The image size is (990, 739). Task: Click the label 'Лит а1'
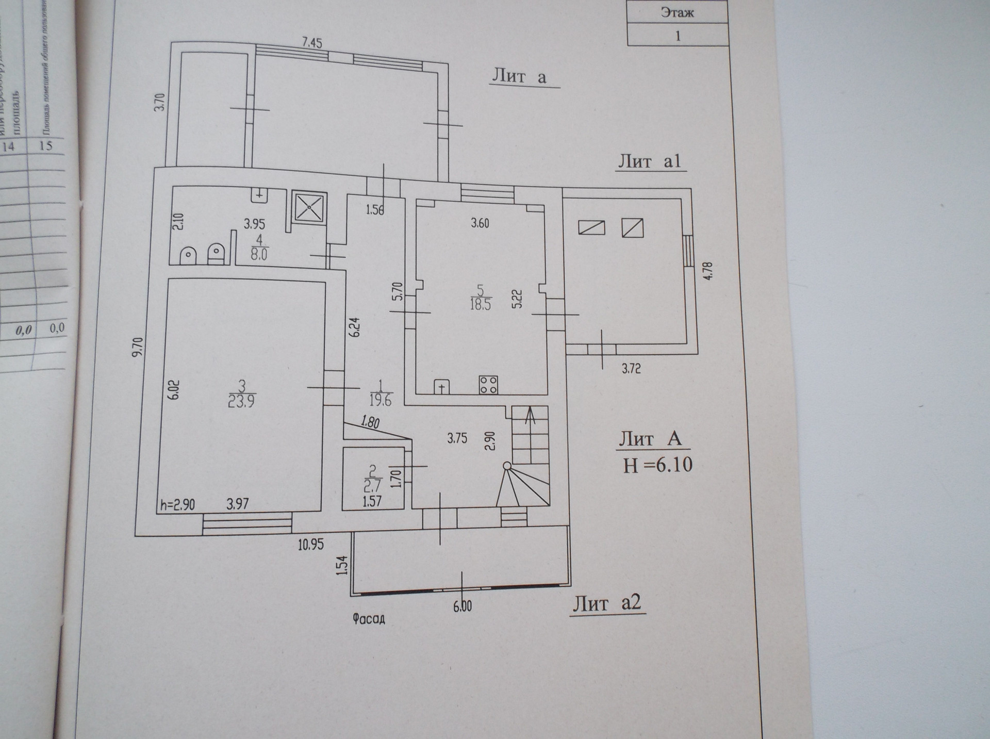pyautogui.click(x=650, y=161)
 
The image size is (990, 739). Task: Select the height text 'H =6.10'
pyautogui.click(x=657, y=465)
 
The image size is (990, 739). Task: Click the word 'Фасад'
pyautogui.click(x=369, y=618)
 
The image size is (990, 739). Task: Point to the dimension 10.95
pyautogui.click(x=310, y=544)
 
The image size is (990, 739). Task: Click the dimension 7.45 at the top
pyautogui.click(x=312, y=42)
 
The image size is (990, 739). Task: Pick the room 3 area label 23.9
pyautogui.click(x=241, y=401)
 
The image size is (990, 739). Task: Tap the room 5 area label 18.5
pyautogui.click(x=480, y=304)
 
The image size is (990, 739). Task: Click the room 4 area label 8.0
pyautogui.click(x=259, y=254)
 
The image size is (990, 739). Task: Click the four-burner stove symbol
pyautogui.click(x=488, y=384)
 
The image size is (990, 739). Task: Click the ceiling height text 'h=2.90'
pyautogui.click(x=177, y=504)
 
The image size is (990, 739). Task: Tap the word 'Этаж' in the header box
pyautogui.click(x=677, y=12)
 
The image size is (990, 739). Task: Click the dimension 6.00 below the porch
pyautogui.click(x=463, y=606)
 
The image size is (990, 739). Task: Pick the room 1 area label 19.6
pyautogui.click(x=381, y=400)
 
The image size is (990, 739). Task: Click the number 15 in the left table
pyautogui.click(x=46, y=145)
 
